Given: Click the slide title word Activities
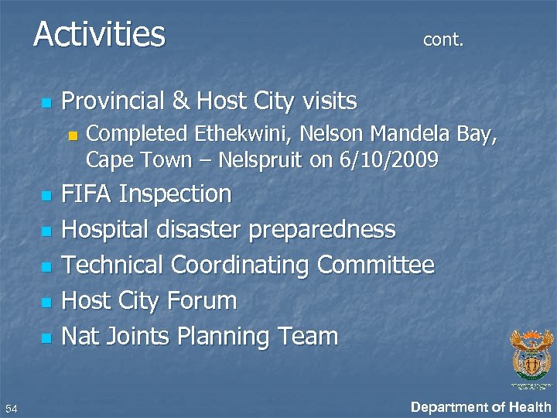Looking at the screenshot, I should point(99,35).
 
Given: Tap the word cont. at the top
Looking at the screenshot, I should point(443,40).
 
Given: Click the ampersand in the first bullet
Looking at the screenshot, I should point(180,101).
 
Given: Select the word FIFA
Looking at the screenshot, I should point(87,194).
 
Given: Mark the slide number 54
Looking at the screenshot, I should point(11,408).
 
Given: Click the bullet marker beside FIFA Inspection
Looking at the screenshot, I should point(46,197).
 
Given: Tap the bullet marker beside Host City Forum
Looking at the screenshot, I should point(46,303).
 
